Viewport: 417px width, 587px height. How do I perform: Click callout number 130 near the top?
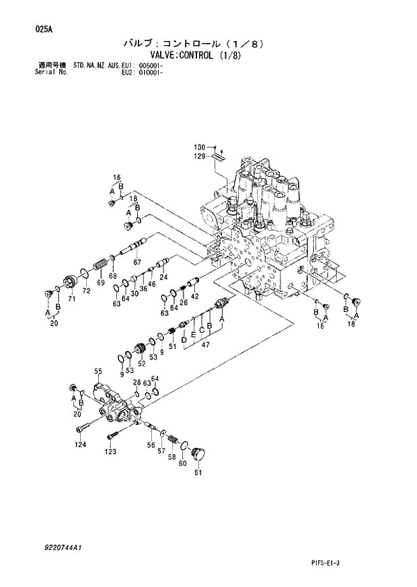200,147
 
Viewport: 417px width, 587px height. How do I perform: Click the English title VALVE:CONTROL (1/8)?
198,56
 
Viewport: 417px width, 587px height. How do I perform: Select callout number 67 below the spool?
137,262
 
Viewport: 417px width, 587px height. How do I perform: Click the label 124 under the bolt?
80,444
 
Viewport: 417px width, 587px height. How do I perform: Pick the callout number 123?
110,453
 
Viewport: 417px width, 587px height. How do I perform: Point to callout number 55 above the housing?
98,371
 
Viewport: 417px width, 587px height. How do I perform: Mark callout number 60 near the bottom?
182,463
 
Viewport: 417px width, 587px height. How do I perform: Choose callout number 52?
141,364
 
